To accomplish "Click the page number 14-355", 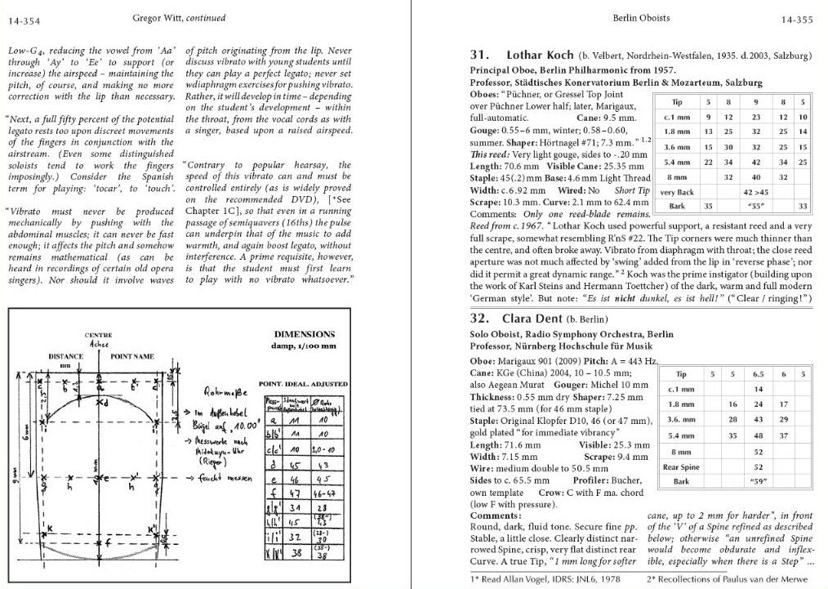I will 799,16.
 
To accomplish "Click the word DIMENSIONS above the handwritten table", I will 304,334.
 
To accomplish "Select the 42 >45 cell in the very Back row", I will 755,192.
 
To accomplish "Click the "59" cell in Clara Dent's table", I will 758,481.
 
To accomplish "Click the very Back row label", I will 676,192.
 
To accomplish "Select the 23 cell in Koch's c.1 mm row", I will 755,117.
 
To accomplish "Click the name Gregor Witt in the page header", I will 157,16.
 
